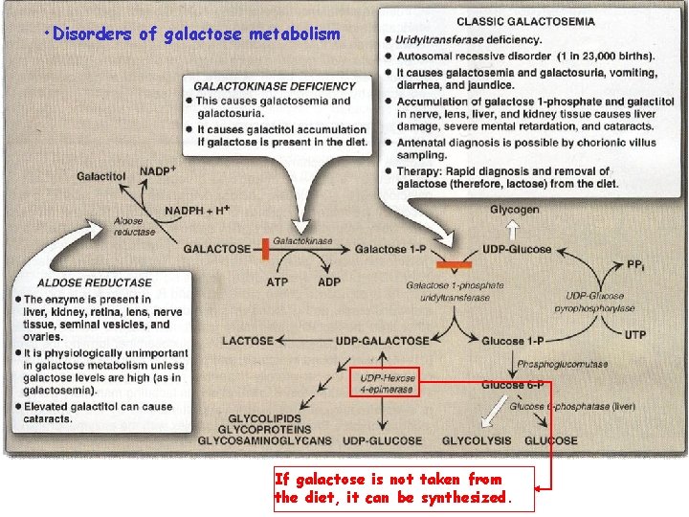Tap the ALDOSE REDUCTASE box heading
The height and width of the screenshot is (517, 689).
(x=95, y=282)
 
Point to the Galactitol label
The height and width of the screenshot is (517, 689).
(x=101, y=177)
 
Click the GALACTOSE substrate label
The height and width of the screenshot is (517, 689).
(x=217, y=249)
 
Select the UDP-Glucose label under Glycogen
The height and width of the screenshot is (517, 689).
(x=518, y=250)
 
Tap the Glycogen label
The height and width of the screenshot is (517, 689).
(x=515, y=210)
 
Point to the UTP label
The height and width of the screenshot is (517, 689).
(x=634, y=334)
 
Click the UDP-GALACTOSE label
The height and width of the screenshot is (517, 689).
(x=383, y=341)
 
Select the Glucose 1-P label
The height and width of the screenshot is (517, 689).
(x=515, y=341)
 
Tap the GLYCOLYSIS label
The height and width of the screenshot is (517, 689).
(x=476, y=441)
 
